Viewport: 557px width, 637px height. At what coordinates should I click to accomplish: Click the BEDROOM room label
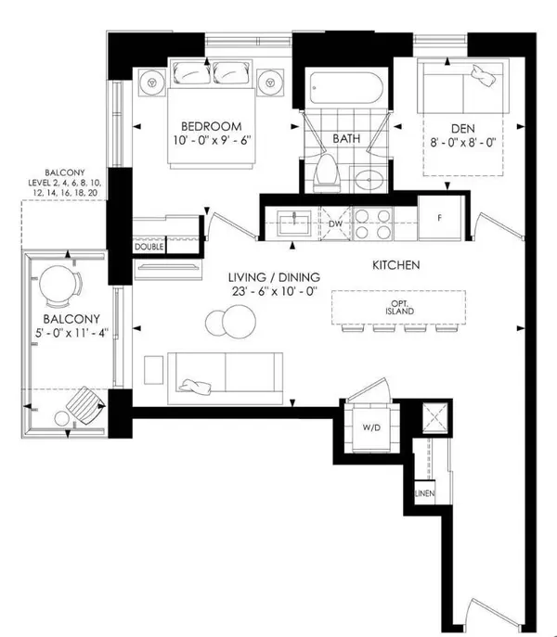click(x=211, y=127)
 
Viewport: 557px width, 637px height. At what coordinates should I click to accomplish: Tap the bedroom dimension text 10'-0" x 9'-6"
click(x=211, y=144)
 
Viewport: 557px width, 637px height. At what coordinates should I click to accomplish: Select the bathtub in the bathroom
click(x=343, y=90)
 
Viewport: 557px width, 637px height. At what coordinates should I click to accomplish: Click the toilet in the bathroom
click(x=325, y=170)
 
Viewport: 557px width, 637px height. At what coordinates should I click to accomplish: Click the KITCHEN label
click(x=396, y=266)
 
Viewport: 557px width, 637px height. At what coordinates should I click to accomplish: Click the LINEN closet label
click(x=422, y=496)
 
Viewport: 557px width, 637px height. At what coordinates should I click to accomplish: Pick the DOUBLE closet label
click(x=149, y=248)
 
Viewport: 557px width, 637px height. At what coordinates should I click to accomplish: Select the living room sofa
click(x=227, y=377)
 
